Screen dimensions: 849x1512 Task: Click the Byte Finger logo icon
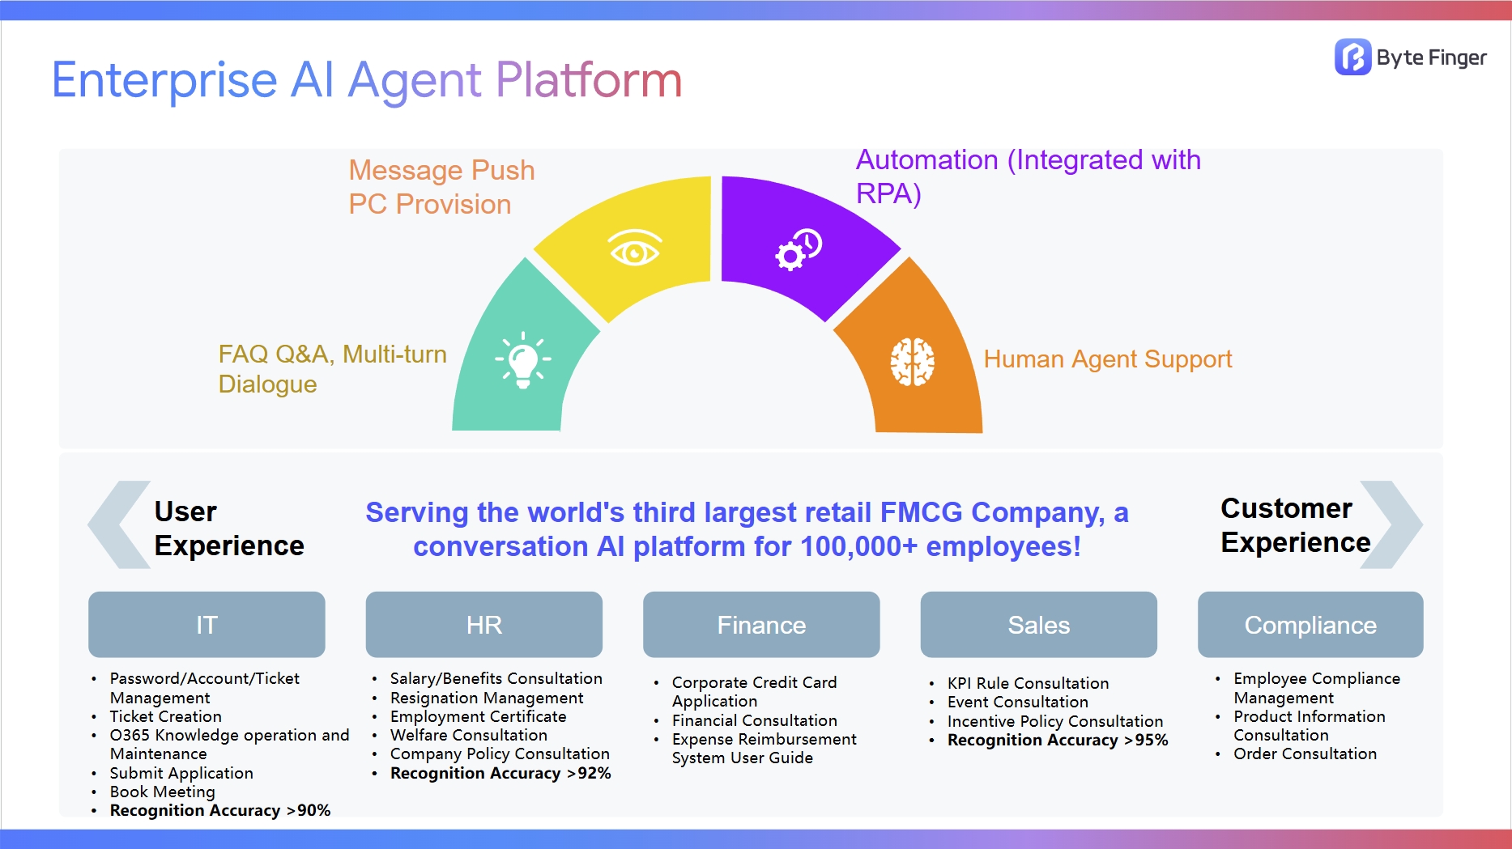click(1352, 57)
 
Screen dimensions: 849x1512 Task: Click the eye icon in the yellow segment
click(635, 248)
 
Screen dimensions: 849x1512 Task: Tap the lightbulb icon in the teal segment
click(523, 360)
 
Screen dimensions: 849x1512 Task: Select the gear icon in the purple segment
click(798, 250)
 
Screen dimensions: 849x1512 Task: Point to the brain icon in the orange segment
click(913, 362)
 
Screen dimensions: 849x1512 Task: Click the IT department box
click(207, 625)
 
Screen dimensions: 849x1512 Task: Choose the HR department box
click(483, 625)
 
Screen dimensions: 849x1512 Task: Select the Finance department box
click(761, 625)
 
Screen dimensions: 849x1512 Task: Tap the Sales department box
click(1038, 625)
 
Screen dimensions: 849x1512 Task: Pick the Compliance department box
click(1310, 625)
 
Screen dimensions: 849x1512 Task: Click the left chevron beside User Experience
click(118, 524)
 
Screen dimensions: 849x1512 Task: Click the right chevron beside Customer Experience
click(1391, 524)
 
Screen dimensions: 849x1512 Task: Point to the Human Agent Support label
click(1107, 359)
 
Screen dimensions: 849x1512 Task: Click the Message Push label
click(441, 171)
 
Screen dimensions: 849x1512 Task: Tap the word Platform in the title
click(589, 80)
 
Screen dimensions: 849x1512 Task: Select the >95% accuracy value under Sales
click(1146, 741)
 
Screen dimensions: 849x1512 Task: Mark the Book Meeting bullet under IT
click(163, 792)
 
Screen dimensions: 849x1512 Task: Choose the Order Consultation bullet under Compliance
click(1305, 754)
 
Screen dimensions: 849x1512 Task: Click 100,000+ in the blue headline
click(858, 547)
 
